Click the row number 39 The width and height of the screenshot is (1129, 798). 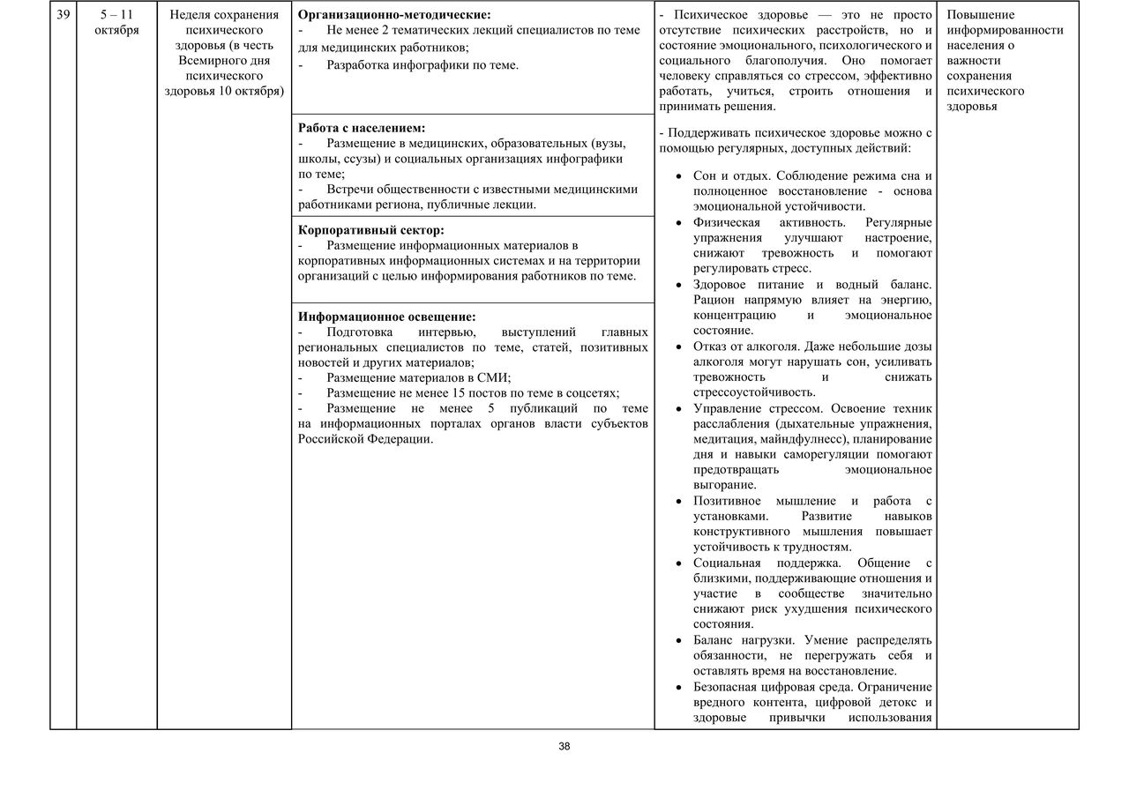(x=63, y=15)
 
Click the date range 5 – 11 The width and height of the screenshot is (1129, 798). (x=116, y=15)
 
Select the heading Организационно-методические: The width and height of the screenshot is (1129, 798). (x=394, y=15)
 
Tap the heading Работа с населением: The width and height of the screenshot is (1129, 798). (x=362, y=127)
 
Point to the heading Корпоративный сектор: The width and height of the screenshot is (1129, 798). (x=371, y=230)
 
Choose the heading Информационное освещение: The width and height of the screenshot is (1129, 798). (x=386, y=317)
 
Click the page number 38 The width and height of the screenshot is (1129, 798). (x=564, y=746)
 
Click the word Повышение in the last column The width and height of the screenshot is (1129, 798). (x=981, y=15)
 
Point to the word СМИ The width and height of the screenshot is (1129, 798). (x=494, y=377)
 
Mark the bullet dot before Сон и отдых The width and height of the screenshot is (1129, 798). (x=677, y=176)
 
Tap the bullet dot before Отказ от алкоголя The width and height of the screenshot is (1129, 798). (x=677, y=347)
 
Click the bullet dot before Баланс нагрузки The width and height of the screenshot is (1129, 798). (x=677, y=640)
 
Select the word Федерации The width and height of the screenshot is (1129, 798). (x=399, y=439)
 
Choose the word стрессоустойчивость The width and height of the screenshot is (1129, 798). (x=754, y=392)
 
